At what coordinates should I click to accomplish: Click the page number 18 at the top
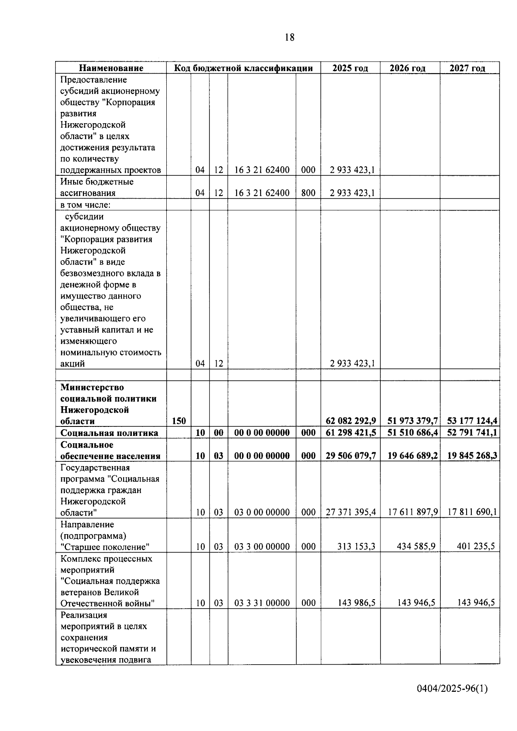tap(290, 37)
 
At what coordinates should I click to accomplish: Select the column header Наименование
tap(111, 68)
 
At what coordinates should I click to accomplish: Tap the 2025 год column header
tap(350, 68)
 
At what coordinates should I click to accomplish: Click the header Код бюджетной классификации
tap(243, 68)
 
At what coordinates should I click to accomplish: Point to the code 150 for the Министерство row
tap(179, 421)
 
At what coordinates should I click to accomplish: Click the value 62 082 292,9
tap(351, 421)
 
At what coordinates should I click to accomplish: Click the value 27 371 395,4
tap(351, 512)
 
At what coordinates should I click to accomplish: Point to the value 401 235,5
tap(475, 547)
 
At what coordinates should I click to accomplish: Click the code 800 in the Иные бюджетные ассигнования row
tap(308, 193)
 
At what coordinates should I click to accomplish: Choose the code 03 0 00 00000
tap(262, 512)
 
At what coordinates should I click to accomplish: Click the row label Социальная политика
tap(109, 433)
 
